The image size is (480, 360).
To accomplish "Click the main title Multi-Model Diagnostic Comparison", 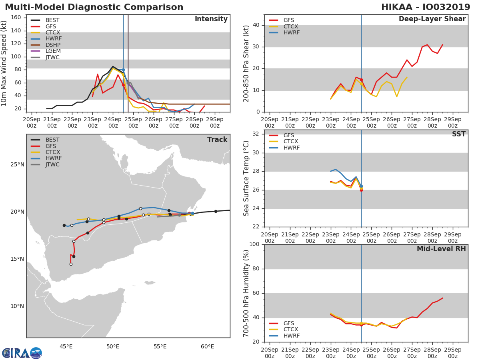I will point(94,7).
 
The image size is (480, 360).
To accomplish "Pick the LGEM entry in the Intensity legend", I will point(53,51).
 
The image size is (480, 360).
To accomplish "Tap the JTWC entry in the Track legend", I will point(52,164).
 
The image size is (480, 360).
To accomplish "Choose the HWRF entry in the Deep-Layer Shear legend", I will point(291,32).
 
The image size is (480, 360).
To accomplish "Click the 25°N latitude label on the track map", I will point(17,164).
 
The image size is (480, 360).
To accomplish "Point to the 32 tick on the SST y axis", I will point(256,134).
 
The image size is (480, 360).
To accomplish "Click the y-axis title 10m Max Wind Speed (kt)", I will point(4,64).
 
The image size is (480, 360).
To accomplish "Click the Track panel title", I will point(217,140).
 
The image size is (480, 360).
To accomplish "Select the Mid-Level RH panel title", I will point(441,249).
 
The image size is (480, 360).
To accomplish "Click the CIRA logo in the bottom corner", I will point(22,353).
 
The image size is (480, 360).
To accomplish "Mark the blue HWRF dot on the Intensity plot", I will point(123,70).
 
